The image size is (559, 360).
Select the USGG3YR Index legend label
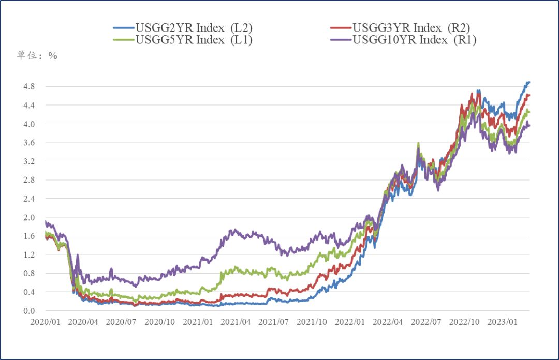[x=411, y=27]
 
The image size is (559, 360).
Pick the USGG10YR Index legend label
[x=414, y=40]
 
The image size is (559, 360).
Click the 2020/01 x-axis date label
[x=45, y=322]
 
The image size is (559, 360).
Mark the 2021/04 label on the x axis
[x=236, y=322]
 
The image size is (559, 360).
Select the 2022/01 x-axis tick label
[x=350, y=322]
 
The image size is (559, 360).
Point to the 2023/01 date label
[x=503, y=322]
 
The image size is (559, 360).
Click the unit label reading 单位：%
[x=37, y=56]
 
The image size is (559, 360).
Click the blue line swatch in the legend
[x=123, y=27]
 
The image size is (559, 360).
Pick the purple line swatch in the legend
[x=341, y=40]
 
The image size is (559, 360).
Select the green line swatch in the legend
[x=123, y=40]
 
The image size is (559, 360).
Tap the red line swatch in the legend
[x=341, y=27]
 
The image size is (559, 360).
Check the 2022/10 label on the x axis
[x=464, y=322]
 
